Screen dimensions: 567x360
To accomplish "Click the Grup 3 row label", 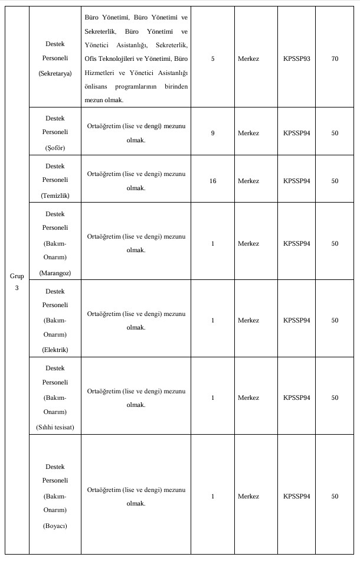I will coord(17,282).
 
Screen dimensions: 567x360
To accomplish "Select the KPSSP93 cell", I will coord(296,59).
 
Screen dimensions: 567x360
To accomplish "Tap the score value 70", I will coord(335,59).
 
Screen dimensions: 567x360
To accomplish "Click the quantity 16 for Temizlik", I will coord(212,181).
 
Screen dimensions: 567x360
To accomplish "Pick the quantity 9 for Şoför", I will coord(212,133).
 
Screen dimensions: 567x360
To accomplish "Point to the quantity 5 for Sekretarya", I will coord(212,59).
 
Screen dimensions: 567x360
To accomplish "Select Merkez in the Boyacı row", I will coord(248,496).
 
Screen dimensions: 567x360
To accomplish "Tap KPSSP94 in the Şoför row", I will coord(296,133).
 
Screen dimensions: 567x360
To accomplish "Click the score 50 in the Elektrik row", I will coord(335,320).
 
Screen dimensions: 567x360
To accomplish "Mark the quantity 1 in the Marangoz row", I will coord(212,243).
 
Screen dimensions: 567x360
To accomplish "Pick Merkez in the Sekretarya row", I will coord(248,59).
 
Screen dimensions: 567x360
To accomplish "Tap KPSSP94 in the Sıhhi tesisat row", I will coord(296,397).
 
